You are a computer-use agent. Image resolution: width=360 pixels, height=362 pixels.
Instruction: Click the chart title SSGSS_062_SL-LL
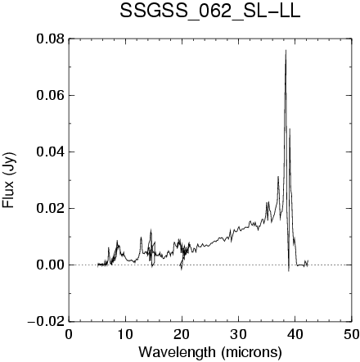[x=210, y=12]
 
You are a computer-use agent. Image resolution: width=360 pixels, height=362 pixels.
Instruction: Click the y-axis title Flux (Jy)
[x=9, y=180]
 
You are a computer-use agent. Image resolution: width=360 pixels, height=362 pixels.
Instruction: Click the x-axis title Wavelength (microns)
[x=210, y=352]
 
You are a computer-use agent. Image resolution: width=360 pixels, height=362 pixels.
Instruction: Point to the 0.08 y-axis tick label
[x=51, y=39]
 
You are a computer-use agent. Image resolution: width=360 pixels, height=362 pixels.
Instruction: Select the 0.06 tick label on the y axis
[x=51, y=96]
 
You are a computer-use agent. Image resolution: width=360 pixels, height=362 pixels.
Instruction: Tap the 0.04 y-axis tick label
[x=51, y=152]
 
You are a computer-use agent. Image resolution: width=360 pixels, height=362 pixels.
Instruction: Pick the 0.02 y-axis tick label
[x=51, y=209]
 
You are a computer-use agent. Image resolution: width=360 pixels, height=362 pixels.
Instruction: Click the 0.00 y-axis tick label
[x=51, y=265]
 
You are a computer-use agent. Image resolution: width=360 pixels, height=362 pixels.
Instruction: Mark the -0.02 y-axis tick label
[x=46, y=322]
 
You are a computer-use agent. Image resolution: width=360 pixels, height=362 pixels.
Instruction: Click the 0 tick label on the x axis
[x=69, y=334]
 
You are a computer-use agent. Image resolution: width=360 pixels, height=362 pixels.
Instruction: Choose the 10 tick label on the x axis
[x=125, y=334]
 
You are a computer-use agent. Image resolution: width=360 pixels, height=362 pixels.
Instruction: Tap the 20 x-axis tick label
[x=182, y=334]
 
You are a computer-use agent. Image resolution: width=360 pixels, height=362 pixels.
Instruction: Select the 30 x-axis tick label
[x=238, y=334]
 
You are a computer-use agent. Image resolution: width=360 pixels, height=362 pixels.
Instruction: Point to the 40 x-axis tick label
[x=295, y=334]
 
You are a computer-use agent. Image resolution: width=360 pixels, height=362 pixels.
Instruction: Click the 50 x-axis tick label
[x=351, y=334]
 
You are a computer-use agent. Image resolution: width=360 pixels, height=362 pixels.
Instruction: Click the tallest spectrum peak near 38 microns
[x=286, y=50]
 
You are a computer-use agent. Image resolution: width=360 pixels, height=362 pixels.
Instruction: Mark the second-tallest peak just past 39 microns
[x=290, y=129]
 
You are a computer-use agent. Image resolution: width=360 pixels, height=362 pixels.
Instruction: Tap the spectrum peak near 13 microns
[x=141, y=238]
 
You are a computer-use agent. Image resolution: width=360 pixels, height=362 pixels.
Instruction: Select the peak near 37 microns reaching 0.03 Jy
[x=278, y=177]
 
